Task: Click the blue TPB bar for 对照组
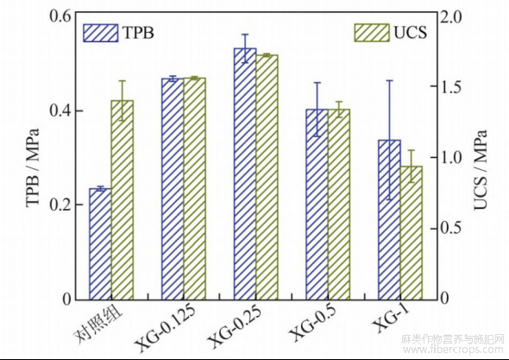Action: tap(100, 244)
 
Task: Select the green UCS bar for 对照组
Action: tap(123, 199)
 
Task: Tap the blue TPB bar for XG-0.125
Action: tap(173, 189)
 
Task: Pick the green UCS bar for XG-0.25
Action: tap(267, 177)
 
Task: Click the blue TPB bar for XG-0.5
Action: tap(317, 205)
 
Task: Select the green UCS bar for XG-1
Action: tap(411, 233)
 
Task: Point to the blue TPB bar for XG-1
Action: tap(389, 219)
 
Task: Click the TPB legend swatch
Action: tap(101, 33)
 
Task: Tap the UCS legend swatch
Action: tap(371, 33)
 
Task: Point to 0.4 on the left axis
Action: tap(60, 111)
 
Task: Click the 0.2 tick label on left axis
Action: tap(60, 205)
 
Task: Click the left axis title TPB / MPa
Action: tap(33, 167)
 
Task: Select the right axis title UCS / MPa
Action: tap(481, 169)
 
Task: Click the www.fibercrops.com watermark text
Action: tap(453, 350)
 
